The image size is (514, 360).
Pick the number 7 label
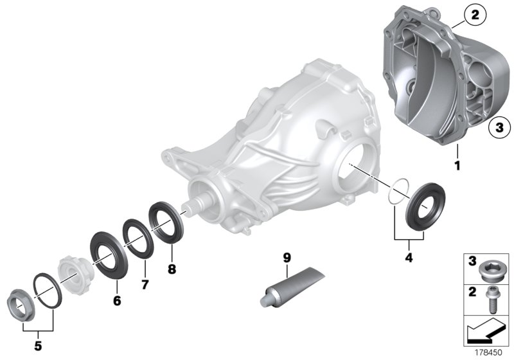pos(145,283)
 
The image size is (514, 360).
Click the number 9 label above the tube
pos(287,258)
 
